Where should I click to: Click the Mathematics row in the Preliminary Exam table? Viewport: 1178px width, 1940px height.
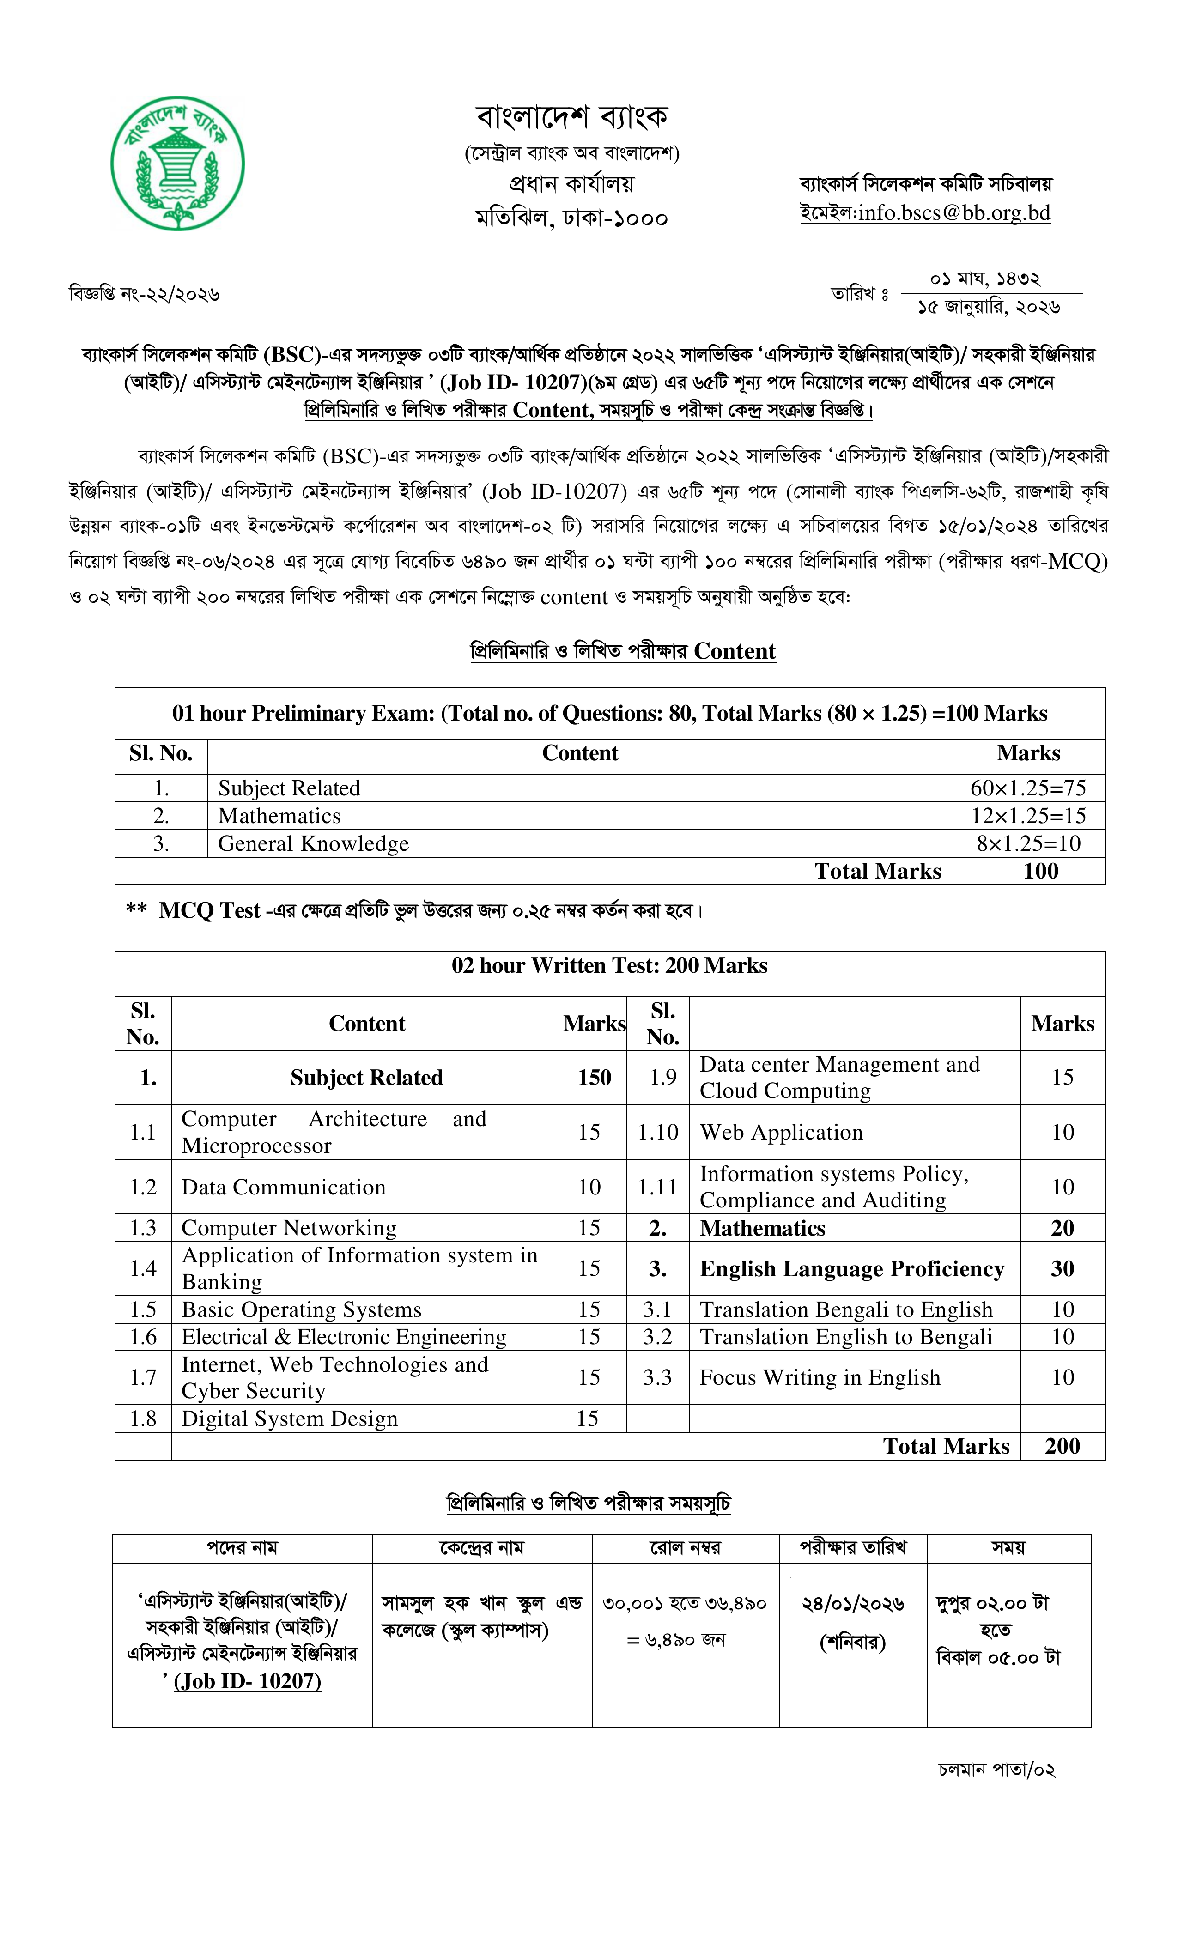pyautogui.click(x=279, y=816)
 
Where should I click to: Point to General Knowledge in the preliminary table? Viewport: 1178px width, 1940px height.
pyautogui.click(x=313, y=843)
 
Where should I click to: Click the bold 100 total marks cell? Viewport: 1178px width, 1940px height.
pyautogui.click(x=1040, y=871)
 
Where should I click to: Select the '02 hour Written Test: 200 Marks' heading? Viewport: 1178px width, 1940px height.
pyautogui.click(x=609, y=965)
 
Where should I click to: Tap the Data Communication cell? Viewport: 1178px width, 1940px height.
pyautogui.click(x=284, y=1187)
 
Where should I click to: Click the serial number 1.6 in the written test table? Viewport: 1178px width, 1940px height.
pyautogui.click(x=143, y=1336)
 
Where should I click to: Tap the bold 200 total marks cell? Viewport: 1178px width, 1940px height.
pyautogui.click(x=1062, y=1446)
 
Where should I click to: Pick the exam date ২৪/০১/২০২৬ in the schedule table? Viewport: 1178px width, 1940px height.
pyautogui.click(x=853, y=1604)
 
